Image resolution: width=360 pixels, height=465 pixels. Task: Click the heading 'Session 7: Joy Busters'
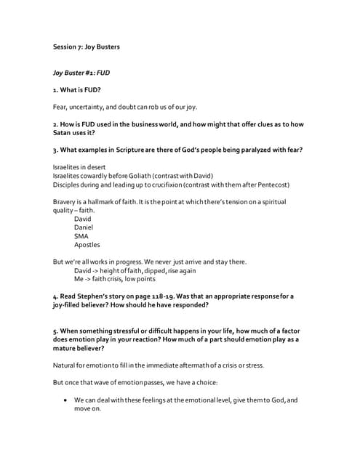point(87,47)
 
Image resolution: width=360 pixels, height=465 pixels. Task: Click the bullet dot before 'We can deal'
point(67,400)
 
